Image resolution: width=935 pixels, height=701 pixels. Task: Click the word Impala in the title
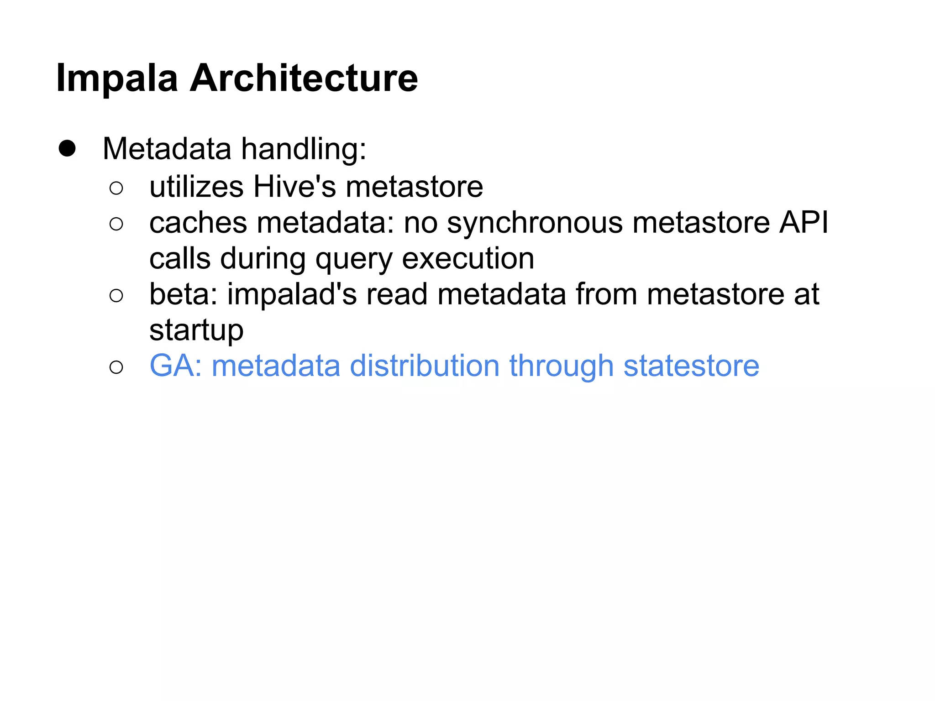tap(117, 79)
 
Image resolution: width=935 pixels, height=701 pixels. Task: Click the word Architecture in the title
tap(304, 78)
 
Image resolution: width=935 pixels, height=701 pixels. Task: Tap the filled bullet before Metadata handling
tap(67, 149)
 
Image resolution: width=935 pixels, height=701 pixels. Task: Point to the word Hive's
tap(294, 187)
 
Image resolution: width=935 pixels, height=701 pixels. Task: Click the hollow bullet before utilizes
tap(116, 188)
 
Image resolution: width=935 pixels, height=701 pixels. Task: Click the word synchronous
tap(535, 224)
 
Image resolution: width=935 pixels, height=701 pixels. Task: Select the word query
tap(353, 260)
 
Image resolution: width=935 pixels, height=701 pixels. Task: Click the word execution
tap(468, 258)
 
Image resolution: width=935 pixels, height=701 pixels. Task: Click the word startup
tap(196, 331)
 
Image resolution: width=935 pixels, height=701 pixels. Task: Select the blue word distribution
tap(425, 366)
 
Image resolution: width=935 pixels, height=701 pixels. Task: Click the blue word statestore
tap(691, 366)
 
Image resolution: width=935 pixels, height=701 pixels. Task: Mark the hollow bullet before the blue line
tap(116, 367)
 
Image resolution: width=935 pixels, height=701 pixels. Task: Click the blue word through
tap(561, 366)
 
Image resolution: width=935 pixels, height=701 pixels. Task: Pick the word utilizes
tap(196, 187)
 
